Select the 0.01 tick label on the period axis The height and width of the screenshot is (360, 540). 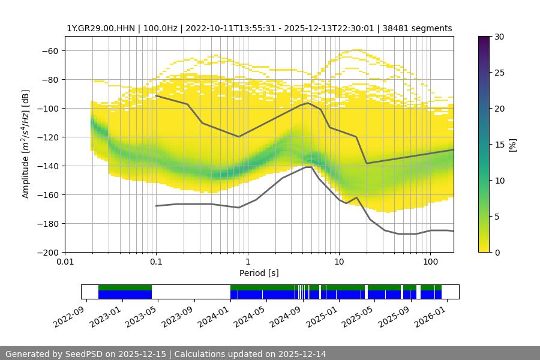point(65,262)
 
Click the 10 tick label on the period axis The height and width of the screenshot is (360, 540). point(339,262)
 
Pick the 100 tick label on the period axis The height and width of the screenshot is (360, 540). point(430,262)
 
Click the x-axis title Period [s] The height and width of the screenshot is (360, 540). point(259,273)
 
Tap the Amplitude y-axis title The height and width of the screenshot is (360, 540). point(26,144)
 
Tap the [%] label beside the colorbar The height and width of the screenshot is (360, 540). point(512,145)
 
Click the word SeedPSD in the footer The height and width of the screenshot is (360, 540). point(85,354)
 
